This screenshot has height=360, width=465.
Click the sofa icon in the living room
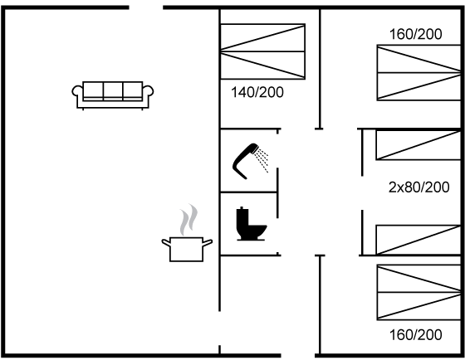tap(113, 95)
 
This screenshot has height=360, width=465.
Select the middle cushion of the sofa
tap(113, 90)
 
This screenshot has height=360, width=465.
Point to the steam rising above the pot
tap(188, 220)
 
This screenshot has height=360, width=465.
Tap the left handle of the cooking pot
tap(166, 242)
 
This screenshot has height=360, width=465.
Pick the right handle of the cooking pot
tap(208, 242)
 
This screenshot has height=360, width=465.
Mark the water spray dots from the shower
tap(262, 160)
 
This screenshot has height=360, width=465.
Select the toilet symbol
tap(251, 224)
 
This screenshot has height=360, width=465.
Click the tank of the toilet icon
tap(242, 220)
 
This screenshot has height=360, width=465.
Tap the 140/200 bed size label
tap(257, 92)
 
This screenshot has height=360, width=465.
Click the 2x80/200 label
tap(418, 187)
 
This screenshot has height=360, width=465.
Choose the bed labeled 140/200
tap(262, 51)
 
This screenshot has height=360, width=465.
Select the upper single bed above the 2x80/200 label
tap(418, 145)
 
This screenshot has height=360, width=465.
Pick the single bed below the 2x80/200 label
tap(418, 240)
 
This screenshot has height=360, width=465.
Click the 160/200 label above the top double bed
tap(415, 34)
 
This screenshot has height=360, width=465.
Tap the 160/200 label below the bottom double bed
tap(415, 335)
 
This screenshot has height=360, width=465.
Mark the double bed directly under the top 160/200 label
tap(418, 73)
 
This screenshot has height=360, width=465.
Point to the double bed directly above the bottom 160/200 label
tap(418, 293)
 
